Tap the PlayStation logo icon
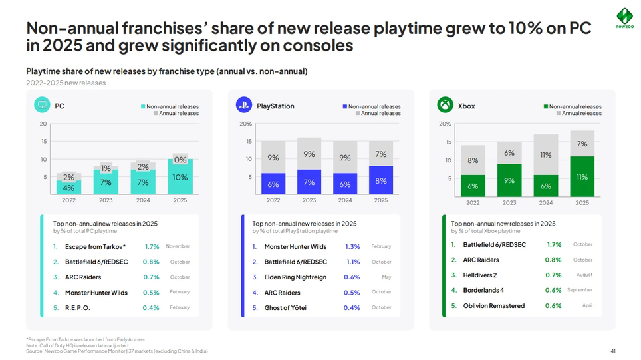tap(243, 105)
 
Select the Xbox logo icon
tap(445, 105)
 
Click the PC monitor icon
tap(42, 105)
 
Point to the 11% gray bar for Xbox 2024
tap(546, 155)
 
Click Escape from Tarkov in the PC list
tap(96, 247)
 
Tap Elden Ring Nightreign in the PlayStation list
tap(295, 277)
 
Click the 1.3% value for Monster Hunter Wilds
tap(352, 247)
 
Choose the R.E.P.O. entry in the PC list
tap(78, 308)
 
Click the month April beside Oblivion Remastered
tap(587, 306)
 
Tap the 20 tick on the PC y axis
tap(43, 124)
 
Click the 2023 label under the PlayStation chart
tap(309, 200)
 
